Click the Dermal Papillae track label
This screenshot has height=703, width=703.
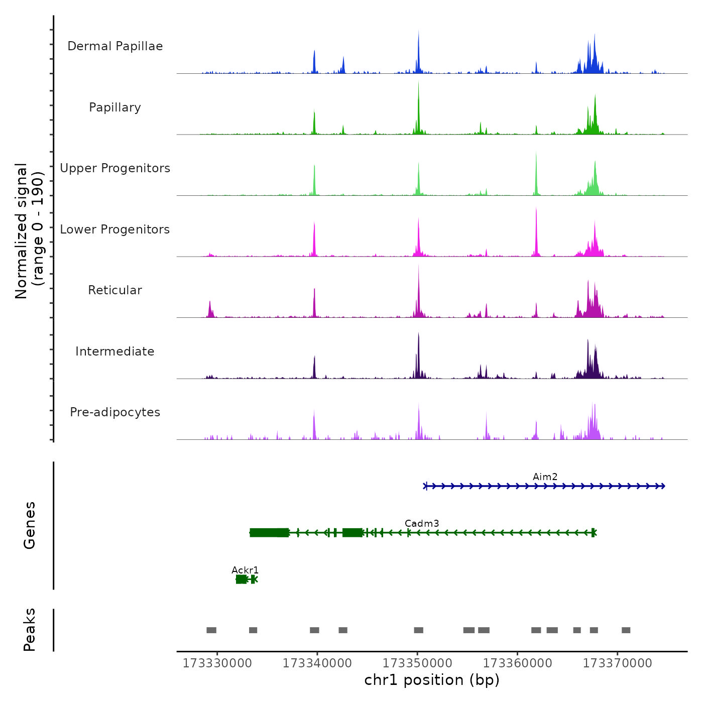(x=115, y=46)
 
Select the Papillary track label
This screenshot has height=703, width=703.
(x=115, y=107)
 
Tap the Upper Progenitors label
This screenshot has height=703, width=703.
(x=115, y=168)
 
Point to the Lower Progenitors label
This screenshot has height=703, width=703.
(x=115, y=229)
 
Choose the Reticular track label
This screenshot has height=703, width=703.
(x=115, y=290)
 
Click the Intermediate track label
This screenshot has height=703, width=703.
(x=115, y=351)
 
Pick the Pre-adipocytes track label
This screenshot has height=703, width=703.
(x=115, y=412)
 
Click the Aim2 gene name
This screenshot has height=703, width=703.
(x=545, y=477)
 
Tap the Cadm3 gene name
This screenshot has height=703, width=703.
(x=422, y=523)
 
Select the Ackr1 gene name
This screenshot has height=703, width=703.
(x=245, y=570)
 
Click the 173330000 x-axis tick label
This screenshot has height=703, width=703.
(x=217, y=663)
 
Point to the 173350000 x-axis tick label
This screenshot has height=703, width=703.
(x=417, y=663)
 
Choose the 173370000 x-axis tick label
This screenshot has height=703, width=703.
(x=617, y=663)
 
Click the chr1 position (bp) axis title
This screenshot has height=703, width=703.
(x=432, y=680)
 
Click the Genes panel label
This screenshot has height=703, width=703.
(x=30, y=525)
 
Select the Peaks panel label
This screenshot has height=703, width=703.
(x=30, y=630)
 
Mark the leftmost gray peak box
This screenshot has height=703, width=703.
(x=211, y=630)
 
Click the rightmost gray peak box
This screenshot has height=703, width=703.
(x=626, y=630)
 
